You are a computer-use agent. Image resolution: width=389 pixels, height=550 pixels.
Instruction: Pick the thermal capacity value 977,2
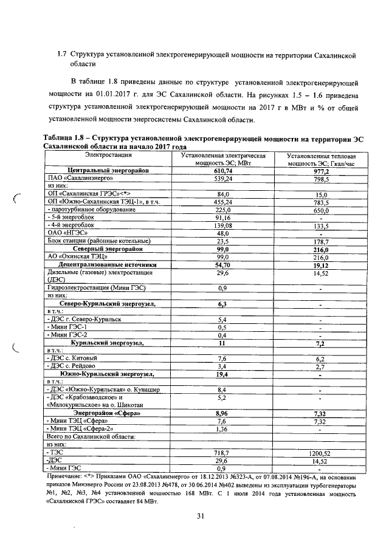pos(322,171)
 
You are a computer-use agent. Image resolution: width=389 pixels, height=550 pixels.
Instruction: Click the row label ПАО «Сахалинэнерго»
pos(79,179)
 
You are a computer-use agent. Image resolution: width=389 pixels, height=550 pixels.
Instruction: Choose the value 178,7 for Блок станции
pos(322,241)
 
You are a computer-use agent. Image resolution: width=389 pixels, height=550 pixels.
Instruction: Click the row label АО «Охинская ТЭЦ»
pos(78,256)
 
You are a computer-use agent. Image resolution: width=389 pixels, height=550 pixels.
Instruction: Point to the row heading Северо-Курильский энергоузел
pos(108,303)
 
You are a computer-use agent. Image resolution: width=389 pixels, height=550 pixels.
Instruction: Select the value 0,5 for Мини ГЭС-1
pos(222,327)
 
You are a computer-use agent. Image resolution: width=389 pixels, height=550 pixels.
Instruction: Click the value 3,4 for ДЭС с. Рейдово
pos(222,366)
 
